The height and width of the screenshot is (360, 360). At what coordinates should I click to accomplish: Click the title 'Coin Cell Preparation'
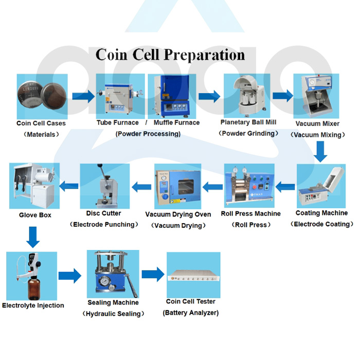[170, 55]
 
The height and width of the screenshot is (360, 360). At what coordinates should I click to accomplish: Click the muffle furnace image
[172, 96]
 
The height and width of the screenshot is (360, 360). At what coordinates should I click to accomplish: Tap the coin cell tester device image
[193, 275]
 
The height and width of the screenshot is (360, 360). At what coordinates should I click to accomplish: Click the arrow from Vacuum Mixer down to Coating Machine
[321, 151]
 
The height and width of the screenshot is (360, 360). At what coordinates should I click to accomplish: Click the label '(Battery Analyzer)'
[191, 313]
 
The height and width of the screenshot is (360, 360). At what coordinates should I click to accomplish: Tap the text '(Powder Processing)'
[148, 134]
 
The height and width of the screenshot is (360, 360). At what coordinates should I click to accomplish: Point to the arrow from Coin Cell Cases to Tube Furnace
[82, 96]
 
